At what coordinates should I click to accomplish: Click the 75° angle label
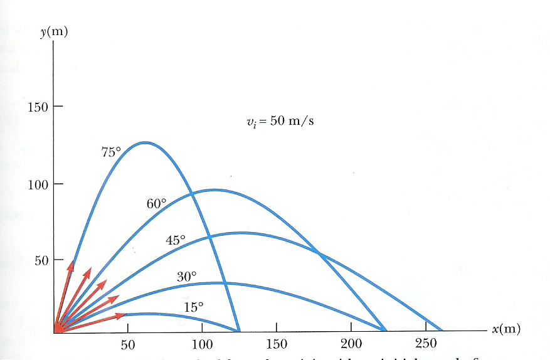point(110,151)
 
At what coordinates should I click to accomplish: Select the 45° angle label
point(176,240)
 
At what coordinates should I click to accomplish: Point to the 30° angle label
point(186,276)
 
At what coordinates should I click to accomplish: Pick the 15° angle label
point(194,307)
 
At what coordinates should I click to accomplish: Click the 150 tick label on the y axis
point(38,107)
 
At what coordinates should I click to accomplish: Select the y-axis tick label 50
point(41,260)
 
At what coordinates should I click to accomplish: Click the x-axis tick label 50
point(128,344)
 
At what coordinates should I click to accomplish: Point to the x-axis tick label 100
point(202,344)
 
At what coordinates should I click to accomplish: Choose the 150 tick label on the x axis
point(277,344)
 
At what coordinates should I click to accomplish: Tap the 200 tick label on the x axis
point(351,344)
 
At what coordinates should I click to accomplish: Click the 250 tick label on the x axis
point(426,344)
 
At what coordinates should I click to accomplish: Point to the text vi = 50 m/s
point(280,121)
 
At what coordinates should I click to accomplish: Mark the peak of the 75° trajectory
point(145,142)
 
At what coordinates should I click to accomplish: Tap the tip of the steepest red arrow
point(71,261)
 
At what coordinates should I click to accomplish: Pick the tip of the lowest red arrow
point(126,315)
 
